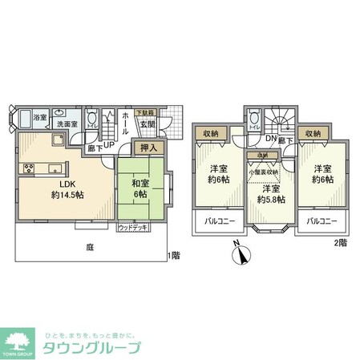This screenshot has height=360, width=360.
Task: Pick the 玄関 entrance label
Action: click(148, 123)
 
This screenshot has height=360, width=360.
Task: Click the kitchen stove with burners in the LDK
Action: click(30, 168)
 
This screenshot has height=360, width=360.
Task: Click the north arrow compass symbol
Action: click(241, 255)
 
